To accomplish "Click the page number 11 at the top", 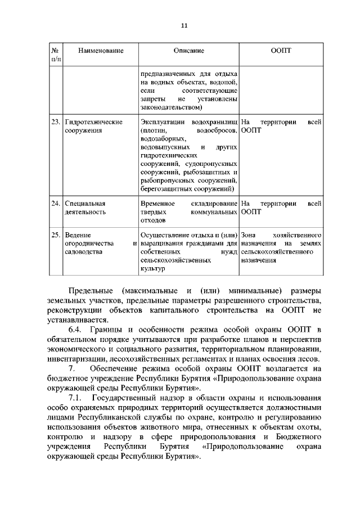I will [183, 25].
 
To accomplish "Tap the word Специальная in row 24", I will [85, 203].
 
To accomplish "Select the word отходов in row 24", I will [153, 222].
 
